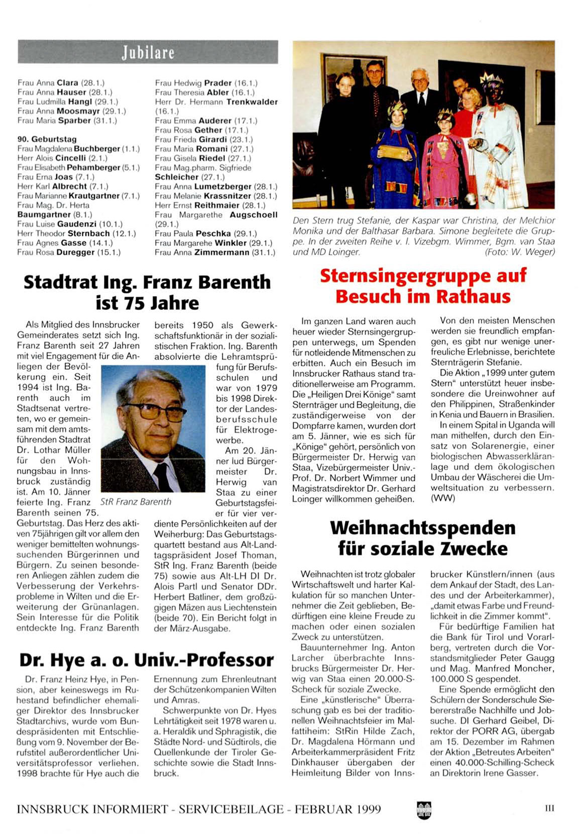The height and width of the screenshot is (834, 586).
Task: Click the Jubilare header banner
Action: (x=148, y=52)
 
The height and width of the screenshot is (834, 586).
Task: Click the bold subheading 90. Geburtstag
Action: (x=47, y=139)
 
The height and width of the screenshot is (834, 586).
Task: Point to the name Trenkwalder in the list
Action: (x=252, y=102)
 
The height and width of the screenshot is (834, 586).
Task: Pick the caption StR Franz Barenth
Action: (x=136, y=501)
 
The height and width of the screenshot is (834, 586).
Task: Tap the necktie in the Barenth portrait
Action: (x=162, y=477)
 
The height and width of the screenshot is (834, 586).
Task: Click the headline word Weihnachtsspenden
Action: (x=422, y=528)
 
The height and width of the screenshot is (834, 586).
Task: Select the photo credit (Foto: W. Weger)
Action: (x=520, y=252)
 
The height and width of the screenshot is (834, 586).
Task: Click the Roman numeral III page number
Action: (x=549, y=808)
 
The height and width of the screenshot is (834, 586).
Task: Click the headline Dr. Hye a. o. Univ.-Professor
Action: (x=147, y=660)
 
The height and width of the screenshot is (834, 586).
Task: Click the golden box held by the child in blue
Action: (x=392, y=151)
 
